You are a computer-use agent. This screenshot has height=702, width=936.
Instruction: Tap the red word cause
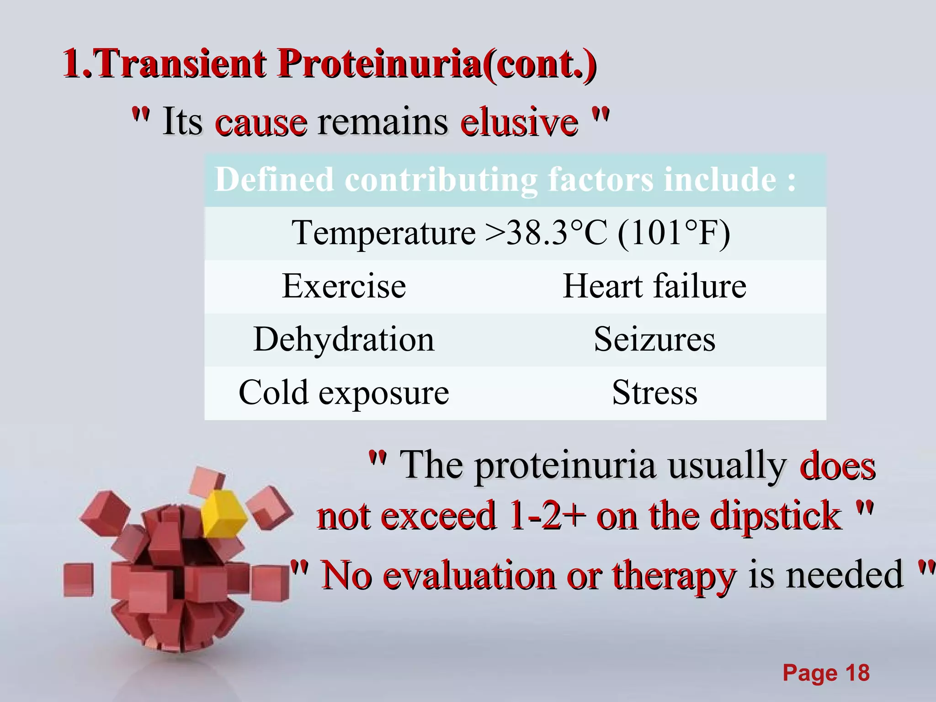point(261,122)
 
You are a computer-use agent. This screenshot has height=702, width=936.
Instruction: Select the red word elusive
point(519,122)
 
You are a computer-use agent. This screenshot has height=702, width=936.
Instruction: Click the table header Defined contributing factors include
point(505,180)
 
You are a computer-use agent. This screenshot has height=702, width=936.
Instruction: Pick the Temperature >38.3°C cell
point(511,233)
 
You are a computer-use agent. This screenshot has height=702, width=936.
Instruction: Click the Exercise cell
point(344,287)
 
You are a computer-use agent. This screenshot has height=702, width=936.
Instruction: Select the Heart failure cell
point(654,287)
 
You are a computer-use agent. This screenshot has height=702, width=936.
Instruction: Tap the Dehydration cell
point(344,340)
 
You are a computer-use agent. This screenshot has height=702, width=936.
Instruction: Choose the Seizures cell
point(654,340)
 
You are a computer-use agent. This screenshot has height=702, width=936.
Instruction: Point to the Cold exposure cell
point(344,393)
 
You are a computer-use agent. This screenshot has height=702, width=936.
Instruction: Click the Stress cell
point(654,393)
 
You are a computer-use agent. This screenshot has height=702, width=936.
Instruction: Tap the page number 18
point(857,673)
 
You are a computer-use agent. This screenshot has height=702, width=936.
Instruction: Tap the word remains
point(382,122)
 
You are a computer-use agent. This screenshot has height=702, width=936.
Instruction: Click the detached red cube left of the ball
point(78,580)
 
